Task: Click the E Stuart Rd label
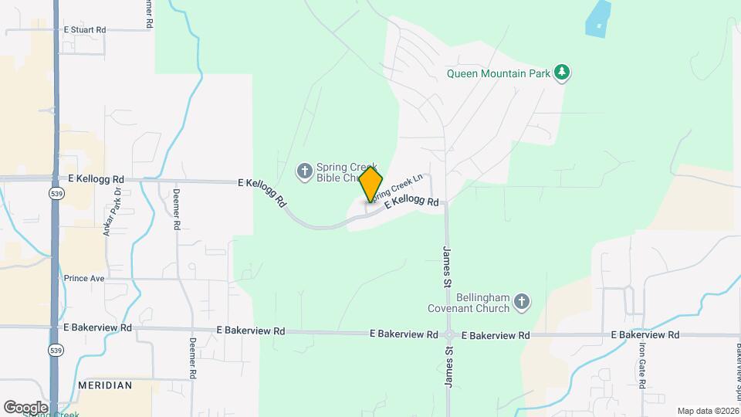coord(85,29)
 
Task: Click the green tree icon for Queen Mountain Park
coord(563,73)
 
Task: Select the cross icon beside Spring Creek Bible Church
coord(305,170)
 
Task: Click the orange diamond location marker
coord(370,185)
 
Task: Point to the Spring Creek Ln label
coord(398,188)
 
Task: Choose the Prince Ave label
coord(84,278)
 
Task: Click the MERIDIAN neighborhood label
coord(104,385)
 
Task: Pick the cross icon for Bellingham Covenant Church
coord(522,302)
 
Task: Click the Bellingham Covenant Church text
coord(469,303)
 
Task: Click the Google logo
coord(25,408)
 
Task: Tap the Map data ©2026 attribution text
coord(707,411)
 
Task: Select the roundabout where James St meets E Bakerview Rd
coord(449,335)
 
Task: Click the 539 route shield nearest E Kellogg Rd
coord(55,192)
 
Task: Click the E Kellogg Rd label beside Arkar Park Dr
coord(96,178)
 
